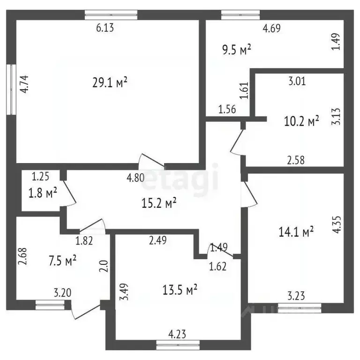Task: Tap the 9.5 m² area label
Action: [236, 49]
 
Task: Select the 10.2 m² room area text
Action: [301, 121]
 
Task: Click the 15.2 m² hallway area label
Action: [159, 202]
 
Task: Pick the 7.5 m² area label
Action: [62, 261]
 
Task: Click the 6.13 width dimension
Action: [105, 28]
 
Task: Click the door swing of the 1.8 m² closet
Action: [69, 192]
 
